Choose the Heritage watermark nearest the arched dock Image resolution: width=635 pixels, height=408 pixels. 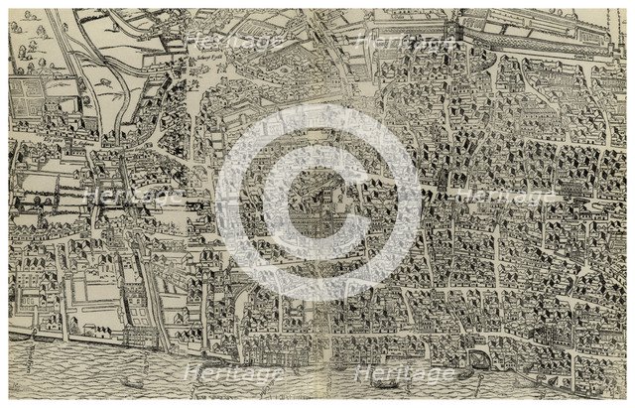pyautogui.click(x=406, y=373)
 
